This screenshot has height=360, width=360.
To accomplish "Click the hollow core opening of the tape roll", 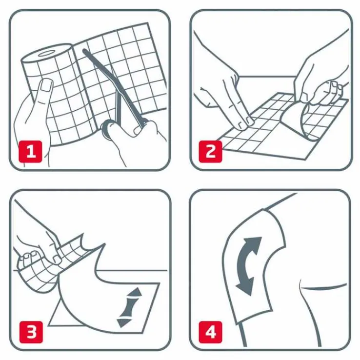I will [x=48, y=52].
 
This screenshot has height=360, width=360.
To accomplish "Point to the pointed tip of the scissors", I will [x=85, y=50].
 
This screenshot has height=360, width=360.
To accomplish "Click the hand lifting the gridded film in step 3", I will [x=37, y=244].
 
